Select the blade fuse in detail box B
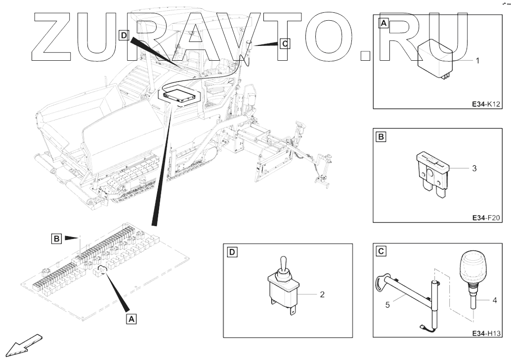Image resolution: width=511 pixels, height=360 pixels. click(x=433, y=175)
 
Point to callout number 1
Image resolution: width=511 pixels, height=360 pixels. click(x=478, y=61)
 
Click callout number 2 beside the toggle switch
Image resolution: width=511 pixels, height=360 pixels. click(x=322, y=294)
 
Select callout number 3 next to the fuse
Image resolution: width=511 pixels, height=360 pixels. click(x=474, y=168)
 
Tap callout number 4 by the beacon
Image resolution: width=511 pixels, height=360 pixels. click(x=495, y=300)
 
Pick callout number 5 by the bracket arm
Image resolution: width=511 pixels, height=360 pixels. click(x=387, y=305)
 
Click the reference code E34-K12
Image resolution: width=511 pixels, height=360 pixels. click(x=486, y=104)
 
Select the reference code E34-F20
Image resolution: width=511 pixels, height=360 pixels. click(x=486, y=218)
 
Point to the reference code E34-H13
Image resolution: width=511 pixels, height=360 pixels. click(x=486, y=333)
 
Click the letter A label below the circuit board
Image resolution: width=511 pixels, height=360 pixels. click(x=131, y=319)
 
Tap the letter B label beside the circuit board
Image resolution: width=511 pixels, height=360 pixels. click(x=57, y=239)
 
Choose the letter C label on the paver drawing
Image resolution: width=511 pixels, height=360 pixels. click(x=285, y=43)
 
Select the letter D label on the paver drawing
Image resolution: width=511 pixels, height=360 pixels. click(x=124, y=35)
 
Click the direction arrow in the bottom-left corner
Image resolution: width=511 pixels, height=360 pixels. click(x=24, y=345)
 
